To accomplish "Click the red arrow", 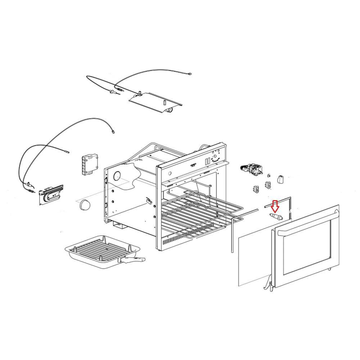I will (275, 206).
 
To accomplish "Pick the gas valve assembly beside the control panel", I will (253, 169).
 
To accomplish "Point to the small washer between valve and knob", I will (269, 176).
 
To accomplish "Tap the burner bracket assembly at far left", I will (50, 194).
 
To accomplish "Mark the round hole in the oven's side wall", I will (117, 176).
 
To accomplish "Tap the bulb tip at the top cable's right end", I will (189, 74).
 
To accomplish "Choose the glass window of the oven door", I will (306, 248).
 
